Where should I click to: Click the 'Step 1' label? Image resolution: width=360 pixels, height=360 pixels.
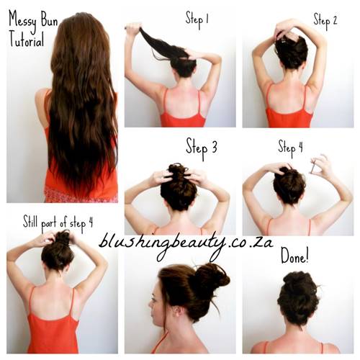197,19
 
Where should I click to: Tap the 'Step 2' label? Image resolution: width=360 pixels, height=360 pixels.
325,21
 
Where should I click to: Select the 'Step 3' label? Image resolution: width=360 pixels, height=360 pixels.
202,148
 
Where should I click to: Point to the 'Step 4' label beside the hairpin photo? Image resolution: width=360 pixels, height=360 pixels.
290,148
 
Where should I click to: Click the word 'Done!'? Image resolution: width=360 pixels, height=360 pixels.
294,256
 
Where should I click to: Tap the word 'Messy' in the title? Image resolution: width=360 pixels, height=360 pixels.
23,20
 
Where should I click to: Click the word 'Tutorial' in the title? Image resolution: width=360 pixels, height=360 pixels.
27,40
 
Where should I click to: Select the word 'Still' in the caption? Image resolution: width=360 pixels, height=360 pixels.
30,221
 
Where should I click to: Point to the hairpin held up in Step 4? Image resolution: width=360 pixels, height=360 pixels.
313,166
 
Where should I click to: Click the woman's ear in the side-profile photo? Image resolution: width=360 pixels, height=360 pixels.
178,312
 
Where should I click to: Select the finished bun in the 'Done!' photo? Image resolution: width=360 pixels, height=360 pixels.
298,297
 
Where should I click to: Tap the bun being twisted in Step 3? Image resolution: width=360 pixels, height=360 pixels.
178,174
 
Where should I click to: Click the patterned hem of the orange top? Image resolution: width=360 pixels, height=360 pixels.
81,195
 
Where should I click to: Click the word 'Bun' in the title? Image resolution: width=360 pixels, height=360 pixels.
49,20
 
